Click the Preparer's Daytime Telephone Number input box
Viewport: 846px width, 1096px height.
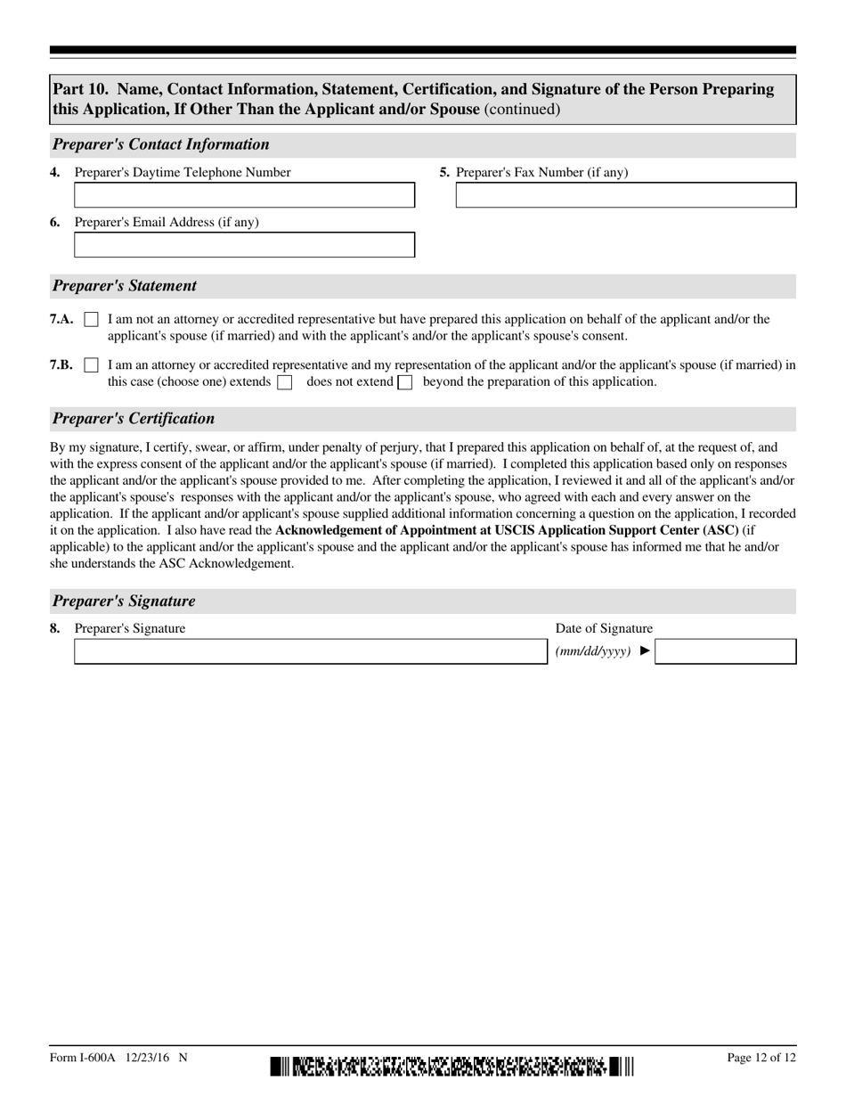(244, 195)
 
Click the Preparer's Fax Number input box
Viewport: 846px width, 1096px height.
(625, 195)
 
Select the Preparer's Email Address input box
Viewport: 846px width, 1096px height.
(244, 245)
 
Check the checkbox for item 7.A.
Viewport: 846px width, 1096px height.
(91, 319)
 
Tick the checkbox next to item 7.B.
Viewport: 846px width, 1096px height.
(91, 365)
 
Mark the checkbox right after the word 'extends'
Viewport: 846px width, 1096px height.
(285, 382)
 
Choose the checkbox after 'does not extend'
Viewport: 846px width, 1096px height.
(404, 382)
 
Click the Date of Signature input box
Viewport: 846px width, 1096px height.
(725, 651)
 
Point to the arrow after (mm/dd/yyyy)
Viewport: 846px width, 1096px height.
(646, 651)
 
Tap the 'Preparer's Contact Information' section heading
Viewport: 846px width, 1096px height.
(161, 144)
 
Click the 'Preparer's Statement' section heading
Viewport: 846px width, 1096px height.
(125, 286)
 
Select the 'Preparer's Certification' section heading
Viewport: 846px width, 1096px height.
(134, 419)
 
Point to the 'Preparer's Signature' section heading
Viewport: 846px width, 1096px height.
(124, 601)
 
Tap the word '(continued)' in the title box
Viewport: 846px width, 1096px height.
(522, 110)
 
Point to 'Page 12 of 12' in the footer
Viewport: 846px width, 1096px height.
(761, 1058)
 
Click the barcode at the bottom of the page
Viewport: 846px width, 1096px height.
(451, 1066)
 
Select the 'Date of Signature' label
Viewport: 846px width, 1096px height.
(604, 628)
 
